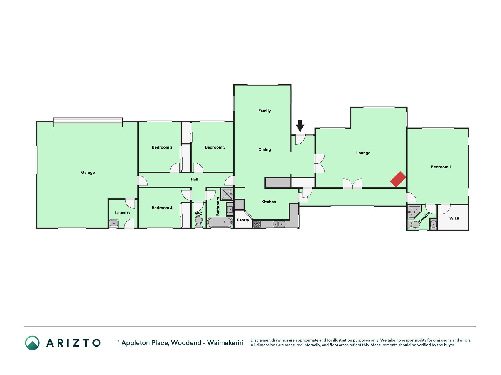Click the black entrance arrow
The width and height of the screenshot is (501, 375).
point(300,126)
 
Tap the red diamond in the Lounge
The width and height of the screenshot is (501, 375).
point(398,179)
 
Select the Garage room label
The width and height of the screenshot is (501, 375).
point(88,173)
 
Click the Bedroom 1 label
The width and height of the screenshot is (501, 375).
point(441,167)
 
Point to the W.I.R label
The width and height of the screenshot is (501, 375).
point(454,218)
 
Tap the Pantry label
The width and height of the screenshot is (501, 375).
point(243,220)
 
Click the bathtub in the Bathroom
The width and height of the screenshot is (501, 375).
point(220,222)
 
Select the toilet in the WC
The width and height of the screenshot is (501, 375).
point(199,221)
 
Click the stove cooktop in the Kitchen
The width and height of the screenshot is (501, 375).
point(257,224)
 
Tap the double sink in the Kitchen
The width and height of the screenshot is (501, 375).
point(279,224)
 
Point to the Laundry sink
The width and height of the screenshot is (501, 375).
point(114,224)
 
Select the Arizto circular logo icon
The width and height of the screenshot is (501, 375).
point(32,343)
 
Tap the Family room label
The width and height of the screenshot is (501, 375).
point(264,111)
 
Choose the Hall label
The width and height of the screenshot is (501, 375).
point(194,179)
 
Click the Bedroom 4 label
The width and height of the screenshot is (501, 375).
point(162,208)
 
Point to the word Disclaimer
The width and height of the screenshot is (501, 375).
point(260,340)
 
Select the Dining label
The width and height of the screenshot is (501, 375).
point(264,150)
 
